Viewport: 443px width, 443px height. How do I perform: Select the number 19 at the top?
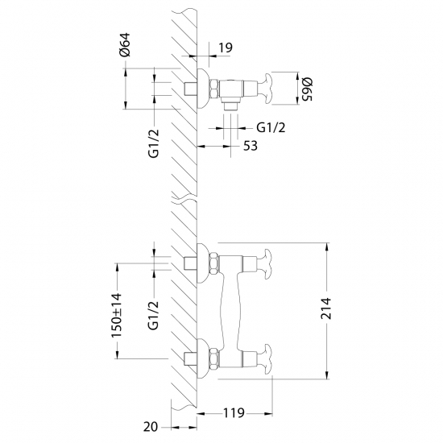(226, 48)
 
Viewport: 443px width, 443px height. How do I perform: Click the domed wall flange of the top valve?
(205, 87)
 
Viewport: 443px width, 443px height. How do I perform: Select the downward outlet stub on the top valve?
(230, 102)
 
